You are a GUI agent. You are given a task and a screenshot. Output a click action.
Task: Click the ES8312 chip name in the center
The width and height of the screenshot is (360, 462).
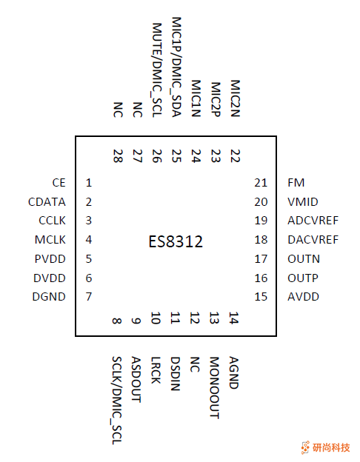tap(176, 242)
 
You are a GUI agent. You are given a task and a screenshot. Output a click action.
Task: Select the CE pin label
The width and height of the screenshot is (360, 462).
tap(59, 182)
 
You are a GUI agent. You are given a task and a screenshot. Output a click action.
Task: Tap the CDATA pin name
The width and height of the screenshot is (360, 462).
tap(47, 201)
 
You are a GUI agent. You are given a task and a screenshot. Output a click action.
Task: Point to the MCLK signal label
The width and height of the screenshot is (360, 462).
tap(50, 239)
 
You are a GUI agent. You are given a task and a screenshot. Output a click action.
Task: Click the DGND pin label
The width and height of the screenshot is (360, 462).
tap(50, 297)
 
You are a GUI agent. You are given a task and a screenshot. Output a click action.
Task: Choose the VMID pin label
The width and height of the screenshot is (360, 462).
tap(301, 201)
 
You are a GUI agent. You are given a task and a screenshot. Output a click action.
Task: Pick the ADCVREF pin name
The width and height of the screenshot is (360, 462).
tap(313, 221)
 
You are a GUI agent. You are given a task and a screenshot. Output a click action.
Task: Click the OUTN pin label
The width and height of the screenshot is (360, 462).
tap(304, 259)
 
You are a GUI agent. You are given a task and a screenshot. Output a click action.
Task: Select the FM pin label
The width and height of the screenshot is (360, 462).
tap(296, 182)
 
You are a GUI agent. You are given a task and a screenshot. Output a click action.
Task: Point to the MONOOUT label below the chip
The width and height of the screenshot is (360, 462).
tap(215, 388)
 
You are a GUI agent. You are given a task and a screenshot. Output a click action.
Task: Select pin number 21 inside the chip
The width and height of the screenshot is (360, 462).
tap(260, 183)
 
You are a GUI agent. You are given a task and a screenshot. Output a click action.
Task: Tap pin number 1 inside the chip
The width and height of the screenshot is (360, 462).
tap(89, 183)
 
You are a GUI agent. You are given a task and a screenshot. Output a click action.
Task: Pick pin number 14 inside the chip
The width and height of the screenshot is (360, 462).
tap(234, 318)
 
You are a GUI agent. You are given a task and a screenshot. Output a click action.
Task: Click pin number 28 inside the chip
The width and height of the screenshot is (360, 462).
tap(118, 155)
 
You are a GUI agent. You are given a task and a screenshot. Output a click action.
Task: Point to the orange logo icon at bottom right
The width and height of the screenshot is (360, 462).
tap(305, 447)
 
